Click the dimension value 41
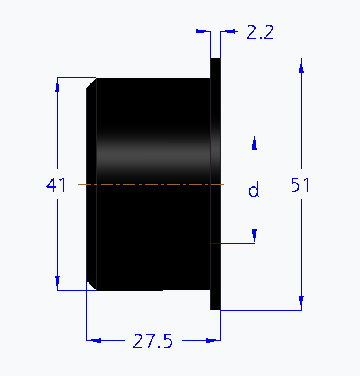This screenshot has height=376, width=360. (x=56, y=185)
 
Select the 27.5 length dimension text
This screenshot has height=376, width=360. (x=152, y=341)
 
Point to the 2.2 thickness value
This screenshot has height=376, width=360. (x=259, y=33)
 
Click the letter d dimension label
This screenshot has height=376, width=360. (x=254, y=190)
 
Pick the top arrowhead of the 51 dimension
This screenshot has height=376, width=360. (x=302, y=65)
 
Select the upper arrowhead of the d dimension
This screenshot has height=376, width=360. (x=254, y=142)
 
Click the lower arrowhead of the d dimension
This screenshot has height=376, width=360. (x=254, y=236)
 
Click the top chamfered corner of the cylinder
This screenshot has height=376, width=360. (x=91, y=82)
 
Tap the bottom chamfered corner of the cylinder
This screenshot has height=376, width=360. (x=91, y=286)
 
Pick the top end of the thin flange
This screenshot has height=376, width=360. (x=215, y=60)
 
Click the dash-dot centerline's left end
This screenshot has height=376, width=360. (x=78, y=184)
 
